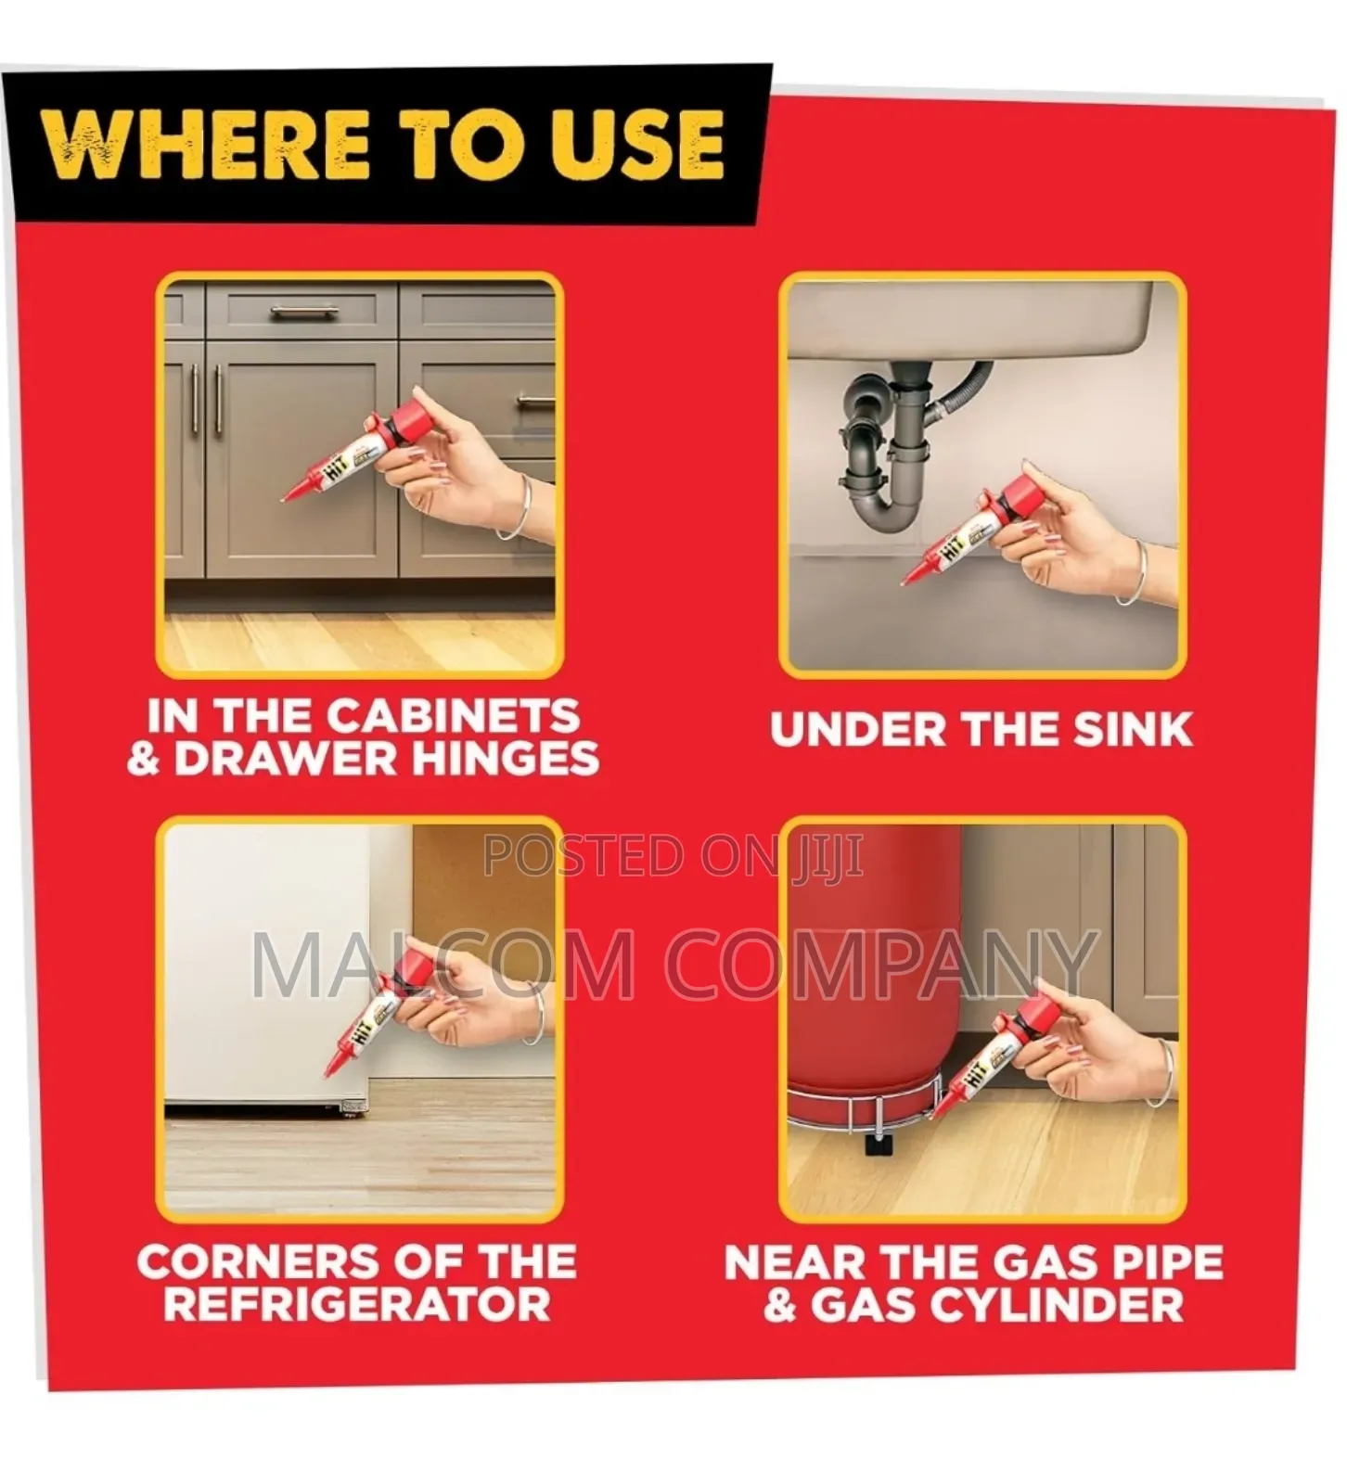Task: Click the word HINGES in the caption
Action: [505, 759]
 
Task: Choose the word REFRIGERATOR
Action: [357, 1304]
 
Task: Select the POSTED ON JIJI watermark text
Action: [673, 856]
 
